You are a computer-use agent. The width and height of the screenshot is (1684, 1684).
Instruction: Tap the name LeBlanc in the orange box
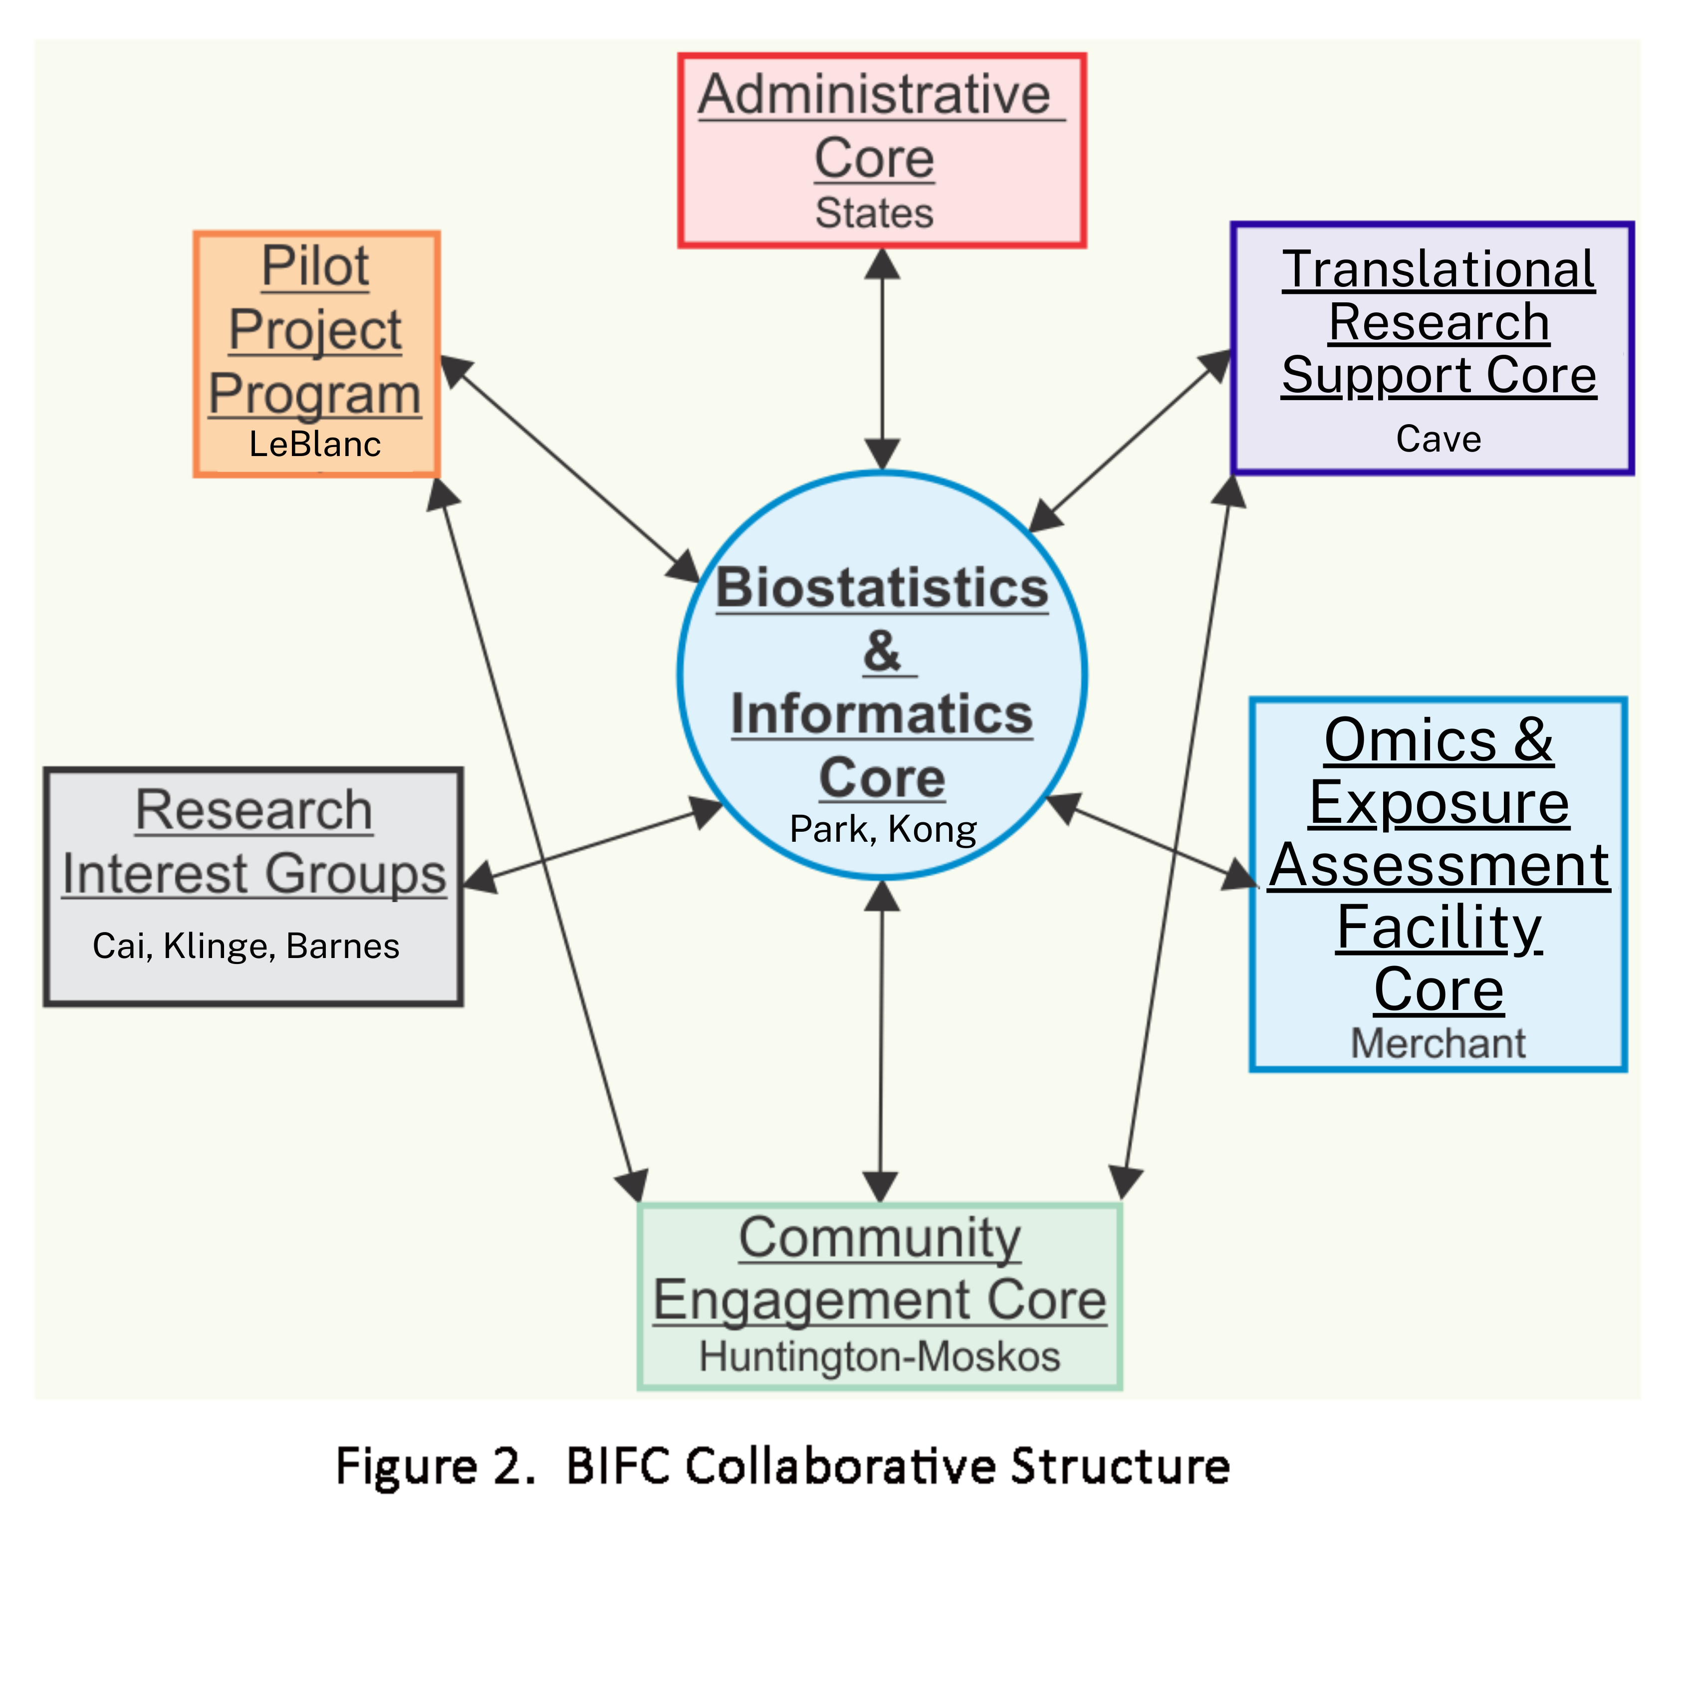point(315,445)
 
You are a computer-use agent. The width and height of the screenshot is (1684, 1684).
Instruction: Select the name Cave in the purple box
point(1438,439)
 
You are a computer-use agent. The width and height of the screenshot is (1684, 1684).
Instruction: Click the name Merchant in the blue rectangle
point(1438,1043)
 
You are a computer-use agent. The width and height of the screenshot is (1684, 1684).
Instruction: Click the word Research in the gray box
point(253,811)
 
